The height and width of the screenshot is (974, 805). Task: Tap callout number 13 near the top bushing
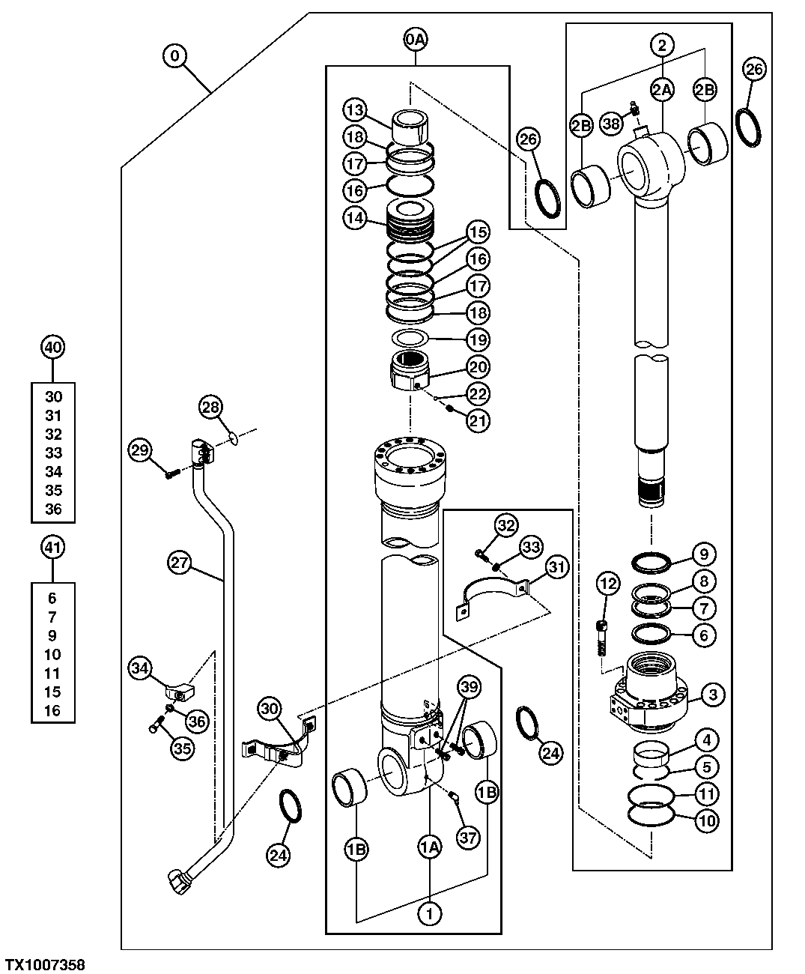tap(356, 111)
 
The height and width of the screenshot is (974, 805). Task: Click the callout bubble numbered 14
tap(356, 218)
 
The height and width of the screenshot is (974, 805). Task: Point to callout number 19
tap(477, 339)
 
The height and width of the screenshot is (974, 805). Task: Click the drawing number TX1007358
tap(45, 964)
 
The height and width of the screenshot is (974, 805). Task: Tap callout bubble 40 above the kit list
tap(52, 348)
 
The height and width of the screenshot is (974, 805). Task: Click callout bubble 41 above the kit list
tap(52, 548)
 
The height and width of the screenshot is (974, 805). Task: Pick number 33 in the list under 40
tap(53, 453)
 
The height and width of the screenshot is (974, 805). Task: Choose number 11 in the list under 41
tap(52, 673)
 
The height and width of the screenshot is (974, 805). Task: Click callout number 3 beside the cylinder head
tap(712, 695)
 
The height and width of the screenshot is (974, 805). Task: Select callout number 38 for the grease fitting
tap(612, 124)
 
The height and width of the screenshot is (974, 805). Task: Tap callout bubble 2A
tap(662, 90)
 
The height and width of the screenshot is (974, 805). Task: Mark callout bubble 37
tap(468, 838)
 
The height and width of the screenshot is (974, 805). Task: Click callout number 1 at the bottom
tap(430, 913)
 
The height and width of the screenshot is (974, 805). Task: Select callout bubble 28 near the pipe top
tap(211, 408)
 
